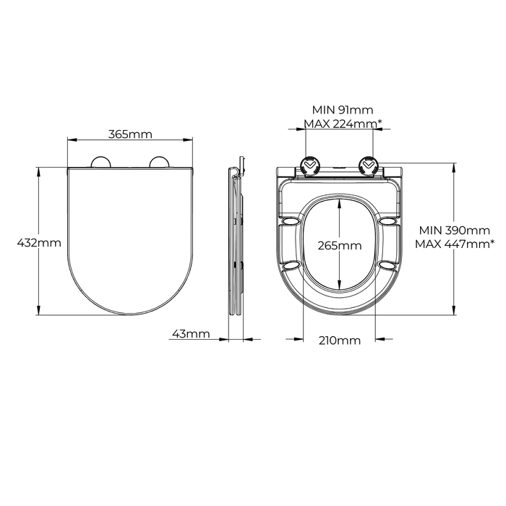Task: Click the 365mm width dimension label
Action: pos(130,134)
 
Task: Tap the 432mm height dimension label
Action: pos(39,242)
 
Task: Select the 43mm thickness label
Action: pos(191,334)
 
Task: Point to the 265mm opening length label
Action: pos(340,246)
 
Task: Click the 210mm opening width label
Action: pos(340,340)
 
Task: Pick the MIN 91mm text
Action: pos(343,110)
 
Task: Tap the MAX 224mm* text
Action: pos(343,124)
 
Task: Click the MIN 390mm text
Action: pos(455,231)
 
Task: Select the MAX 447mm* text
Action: pos(455,244)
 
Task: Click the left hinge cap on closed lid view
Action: pos(101,163)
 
